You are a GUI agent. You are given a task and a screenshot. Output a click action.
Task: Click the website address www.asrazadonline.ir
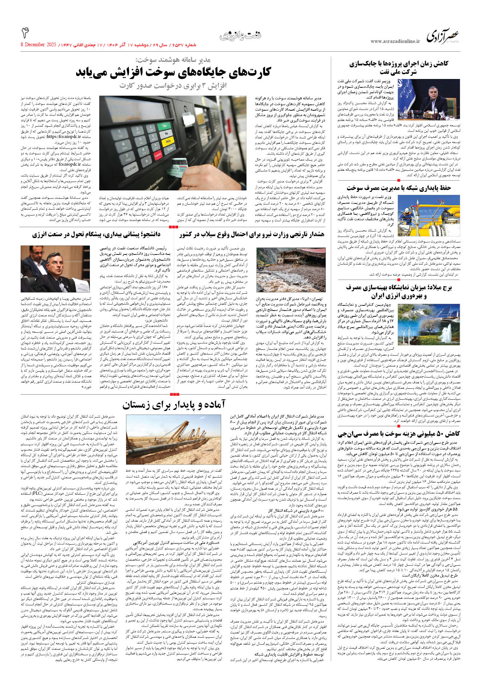coord(395,41)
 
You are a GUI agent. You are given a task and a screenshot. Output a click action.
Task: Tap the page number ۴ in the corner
coord(25,33)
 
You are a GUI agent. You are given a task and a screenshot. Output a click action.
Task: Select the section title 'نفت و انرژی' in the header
coord(240,36)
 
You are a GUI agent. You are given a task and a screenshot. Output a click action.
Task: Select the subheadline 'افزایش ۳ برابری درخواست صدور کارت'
coord(173,86)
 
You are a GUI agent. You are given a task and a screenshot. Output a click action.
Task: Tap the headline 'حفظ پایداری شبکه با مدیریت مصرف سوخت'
coord(398,188)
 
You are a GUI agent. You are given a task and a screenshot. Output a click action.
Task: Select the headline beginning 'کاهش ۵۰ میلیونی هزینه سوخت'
coord(398,434)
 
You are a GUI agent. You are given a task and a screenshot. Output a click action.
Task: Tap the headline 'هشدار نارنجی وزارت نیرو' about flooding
coord(251,234)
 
